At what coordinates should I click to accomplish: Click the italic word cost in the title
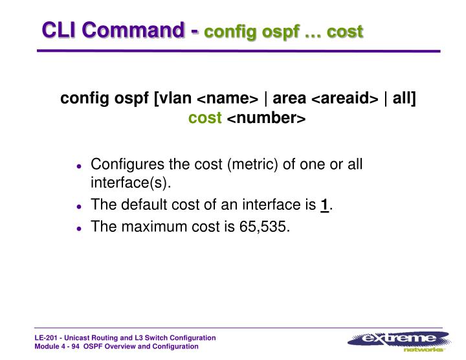point(345,32)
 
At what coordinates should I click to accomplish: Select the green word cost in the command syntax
point(205,118)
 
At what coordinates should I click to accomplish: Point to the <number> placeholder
point(265,119)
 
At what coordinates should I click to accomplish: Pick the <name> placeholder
point(227,99)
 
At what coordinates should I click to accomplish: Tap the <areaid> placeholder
point(345,99)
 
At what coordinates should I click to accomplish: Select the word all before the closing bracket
point(403,98)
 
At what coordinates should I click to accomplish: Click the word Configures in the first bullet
point(122,164)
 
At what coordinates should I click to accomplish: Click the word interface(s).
point(130,183)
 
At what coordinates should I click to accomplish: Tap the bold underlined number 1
point(324,205)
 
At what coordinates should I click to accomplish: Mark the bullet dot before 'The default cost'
point(79,207)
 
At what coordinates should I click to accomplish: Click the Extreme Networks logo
point(398,341)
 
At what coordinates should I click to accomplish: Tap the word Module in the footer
point(47,347)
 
